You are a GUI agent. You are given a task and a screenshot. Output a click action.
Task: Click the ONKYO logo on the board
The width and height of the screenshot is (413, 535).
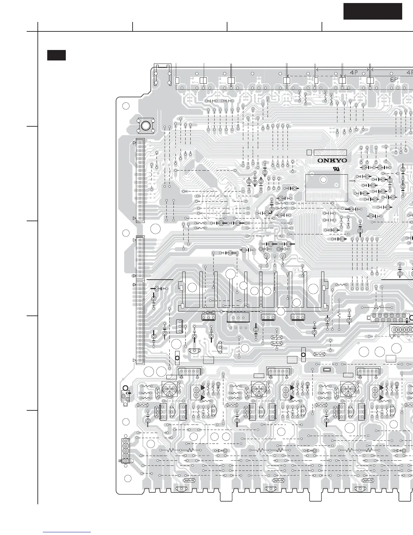pyautogui.click(x=332, y=161)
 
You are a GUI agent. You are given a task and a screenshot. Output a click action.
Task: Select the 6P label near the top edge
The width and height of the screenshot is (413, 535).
pyautogui.click(x=394, y=80)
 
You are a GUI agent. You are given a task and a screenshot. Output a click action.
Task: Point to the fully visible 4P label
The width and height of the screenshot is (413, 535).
pyautogui.click(x=354, y=72)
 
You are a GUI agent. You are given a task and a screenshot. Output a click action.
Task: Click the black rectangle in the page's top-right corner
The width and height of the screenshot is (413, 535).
pyautogui.click(x=373, y=11)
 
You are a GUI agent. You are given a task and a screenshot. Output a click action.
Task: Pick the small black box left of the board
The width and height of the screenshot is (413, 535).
pyautogui.click(x=56, y=55)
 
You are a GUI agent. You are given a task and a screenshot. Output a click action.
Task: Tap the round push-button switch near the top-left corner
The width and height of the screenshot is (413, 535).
pyautogui.click(x=145, y=126)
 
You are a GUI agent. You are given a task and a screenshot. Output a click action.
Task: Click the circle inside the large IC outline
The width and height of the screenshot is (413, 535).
pyautogui.click(x=323, y=180)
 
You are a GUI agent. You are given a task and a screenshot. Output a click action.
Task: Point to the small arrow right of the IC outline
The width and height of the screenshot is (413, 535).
pyautogui.click(x=353, y=181)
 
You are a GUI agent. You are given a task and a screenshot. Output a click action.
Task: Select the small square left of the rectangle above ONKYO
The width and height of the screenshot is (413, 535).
pyautogui.click(x=309, y=152)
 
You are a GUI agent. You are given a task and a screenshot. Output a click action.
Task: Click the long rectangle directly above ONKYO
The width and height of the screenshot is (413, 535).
pyautogui.click(x=330, y=152)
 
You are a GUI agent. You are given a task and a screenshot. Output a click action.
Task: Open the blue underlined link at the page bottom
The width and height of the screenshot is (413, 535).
pyautogui.click(x=67, y=532)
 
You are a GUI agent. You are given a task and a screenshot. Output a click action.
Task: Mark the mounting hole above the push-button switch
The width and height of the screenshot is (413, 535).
pyautogui.click(x=126, y=106)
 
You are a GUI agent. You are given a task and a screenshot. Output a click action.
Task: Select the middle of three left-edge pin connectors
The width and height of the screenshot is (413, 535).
pyautogui.click(x=140, y=257)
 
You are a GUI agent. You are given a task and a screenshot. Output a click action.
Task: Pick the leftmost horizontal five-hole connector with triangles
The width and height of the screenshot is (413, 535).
pyautogui.click(x=189, y=372)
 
